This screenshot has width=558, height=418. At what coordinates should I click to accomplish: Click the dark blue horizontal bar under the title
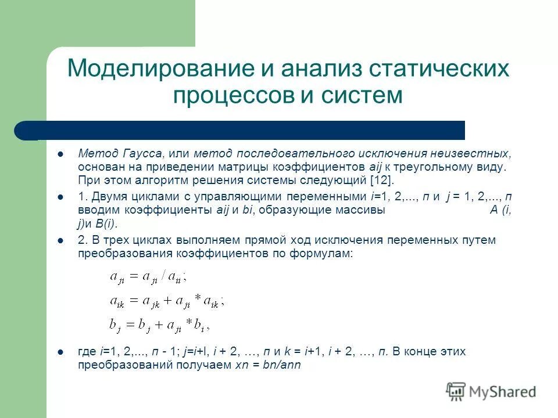tap(244, 130)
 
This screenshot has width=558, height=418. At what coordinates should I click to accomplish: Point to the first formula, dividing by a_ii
tap(148, 277)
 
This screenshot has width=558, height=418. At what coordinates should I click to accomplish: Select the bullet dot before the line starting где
tap(60, 352)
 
